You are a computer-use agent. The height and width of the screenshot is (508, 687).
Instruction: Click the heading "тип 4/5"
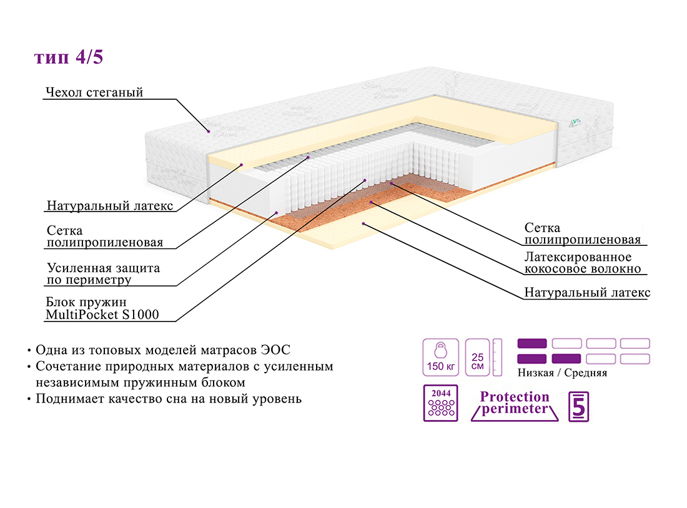(x=69, y=57)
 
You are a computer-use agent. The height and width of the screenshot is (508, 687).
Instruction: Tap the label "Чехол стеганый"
(x=94, y=93)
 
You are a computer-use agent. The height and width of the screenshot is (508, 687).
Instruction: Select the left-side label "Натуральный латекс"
(x=110, y=206)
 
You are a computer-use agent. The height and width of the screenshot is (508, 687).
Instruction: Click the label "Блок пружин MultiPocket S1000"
(x=102, y=309)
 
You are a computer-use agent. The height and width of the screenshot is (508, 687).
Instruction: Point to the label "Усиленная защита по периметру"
(x=103, y=274)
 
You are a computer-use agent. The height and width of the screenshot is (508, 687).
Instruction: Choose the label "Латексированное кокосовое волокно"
(x=583, y=263)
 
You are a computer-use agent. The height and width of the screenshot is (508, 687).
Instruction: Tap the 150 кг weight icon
(x=440, y=357)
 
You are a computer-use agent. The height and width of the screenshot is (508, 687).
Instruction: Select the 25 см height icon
(x=478, y=357)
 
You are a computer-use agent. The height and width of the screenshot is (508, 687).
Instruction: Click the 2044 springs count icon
(x=440, y=403)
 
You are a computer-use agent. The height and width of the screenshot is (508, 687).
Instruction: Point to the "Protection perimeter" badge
(x=515, y=403)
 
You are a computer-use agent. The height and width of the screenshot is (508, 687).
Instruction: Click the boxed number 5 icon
(x=578, y=406)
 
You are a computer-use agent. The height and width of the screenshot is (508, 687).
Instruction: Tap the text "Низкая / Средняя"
(x=562, y=373)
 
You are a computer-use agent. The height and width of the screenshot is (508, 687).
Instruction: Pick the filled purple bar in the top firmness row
(x=532, y=343)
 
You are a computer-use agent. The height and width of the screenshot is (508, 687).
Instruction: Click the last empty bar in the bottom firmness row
(x=635, y=359)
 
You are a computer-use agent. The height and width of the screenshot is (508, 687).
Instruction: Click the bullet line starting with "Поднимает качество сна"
(x=169, y=398)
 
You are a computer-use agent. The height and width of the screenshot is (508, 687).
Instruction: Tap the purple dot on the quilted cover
(x=208, y=131)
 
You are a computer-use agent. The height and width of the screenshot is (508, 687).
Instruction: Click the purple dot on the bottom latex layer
(x=363, y=223)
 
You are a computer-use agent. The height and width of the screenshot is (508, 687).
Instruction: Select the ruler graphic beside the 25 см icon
(x=497, y=357)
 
